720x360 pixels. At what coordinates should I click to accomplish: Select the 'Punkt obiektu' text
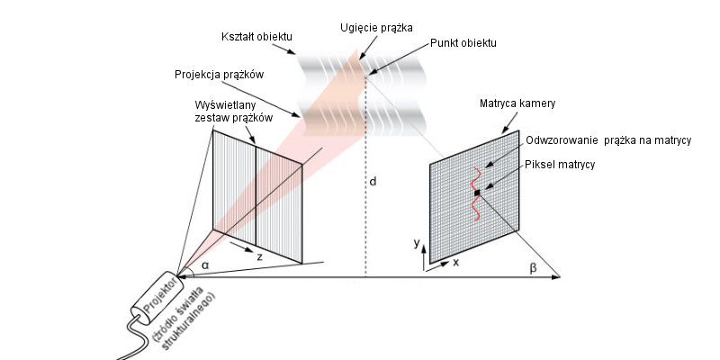pyautogui.click(x=463, y=43)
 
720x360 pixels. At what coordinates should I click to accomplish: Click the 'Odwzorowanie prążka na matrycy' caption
pyautogui.click(x=607, y=142)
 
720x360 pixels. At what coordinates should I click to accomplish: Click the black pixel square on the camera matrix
pyautogui.click(x=477, y=193)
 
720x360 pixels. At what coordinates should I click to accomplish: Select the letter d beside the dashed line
pyautogui.click(x=373, y=182)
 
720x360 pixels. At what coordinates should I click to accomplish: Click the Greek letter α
pyautogui.click(x=204, y=265)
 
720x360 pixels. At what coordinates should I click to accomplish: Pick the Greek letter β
pyautogui.click(x=533, y=267)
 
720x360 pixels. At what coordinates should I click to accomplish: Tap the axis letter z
pyautogui.click(x=259, y=256)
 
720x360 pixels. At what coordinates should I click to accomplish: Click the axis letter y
pyautogui.click(x=417, y=243)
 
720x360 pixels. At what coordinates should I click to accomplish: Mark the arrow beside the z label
pyautogui.click(x=238, y=245)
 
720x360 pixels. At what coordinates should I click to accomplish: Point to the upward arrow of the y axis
pyautogui.click(x=425, y=256)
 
